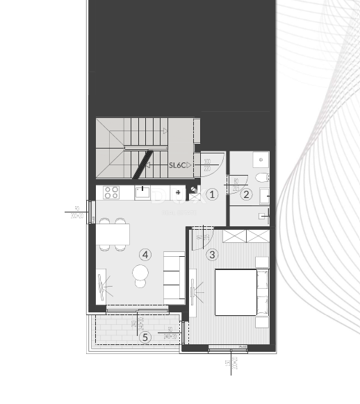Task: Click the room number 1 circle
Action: [x=213, y=195]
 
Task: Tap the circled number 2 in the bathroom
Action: [x=246, y=194]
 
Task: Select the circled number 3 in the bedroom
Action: [x=213, y=254]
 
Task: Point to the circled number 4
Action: [x=145, y=255]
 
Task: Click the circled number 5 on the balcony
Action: [x=145, y=337]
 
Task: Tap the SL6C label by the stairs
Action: [x=180, y=165]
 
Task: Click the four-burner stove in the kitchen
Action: [x=111, y=192]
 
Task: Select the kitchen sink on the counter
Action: [x=142, y=192]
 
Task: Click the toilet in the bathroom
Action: [x=262, y=178]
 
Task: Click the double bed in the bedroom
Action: [x=240, y=291]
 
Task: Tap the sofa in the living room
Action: [x=174, y=277]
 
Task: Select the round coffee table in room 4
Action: [x=141, y=273]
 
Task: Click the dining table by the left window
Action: [x=112, y=235]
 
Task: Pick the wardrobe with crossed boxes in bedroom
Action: [x=247, y=235]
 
